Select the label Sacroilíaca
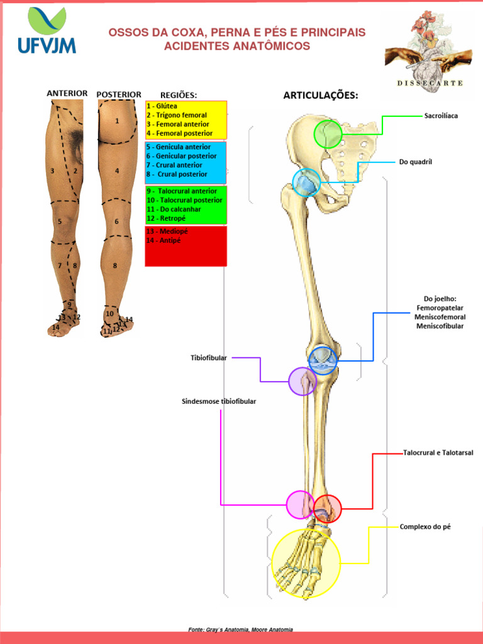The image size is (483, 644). click(x=441, y=116)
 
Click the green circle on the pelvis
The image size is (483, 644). click(x=328, y=134)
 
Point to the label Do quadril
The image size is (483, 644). click(x=415, y=162)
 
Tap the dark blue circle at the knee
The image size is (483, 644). click(x=323, y=360)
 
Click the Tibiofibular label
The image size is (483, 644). click(x=209, y=358)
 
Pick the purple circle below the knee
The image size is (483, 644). click(x=303, y=380)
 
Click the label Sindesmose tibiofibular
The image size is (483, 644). click(x=219, y=401)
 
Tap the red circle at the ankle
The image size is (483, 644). click(x=327, y=509)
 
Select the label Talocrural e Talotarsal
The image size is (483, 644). click(x=438, y=453)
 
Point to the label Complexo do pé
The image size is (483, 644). click(x=425, y=526)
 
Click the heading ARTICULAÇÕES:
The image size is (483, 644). click(x=321, y=96)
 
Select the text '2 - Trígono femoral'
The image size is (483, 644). click(x=177, y=115)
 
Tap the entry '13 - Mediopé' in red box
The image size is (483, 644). click(x=167, y=231)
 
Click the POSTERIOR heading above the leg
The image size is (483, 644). click(x=119, y=94)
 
